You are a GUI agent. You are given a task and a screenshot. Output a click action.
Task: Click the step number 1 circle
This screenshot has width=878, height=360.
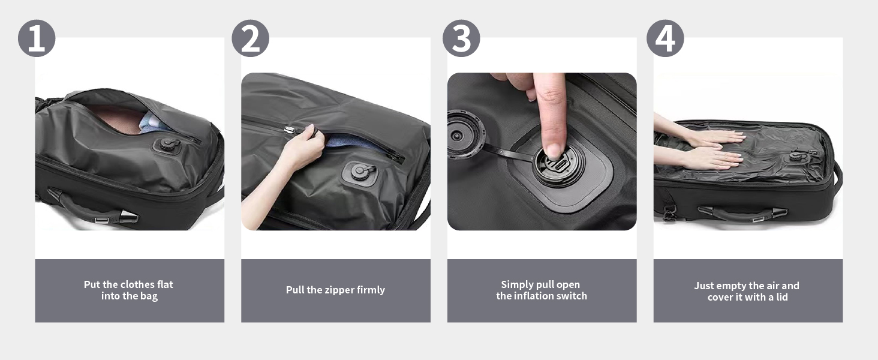click(37, 38)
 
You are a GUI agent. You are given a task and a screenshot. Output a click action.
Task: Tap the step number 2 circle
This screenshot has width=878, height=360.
click(251, 38)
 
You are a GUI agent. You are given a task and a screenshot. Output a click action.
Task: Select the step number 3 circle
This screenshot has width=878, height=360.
click(461, 38)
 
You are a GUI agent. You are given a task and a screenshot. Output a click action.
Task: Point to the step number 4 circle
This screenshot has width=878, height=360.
click(665, 38)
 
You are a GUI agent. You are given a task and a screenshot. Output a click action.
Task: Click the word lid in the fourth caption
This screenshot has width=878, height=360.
click(782, 297)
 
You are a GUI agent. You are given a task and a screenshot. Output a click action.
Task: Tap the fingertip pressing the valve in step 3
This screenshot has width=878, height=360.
click(554, 151)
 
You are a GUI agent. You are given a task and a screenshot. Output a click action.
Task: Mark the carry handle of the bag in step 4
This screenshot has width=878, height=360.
click(742, 214)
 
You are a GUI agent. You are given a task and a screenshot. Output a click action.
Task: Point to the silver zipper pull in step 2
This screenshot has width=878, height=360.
click(289, 130)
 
